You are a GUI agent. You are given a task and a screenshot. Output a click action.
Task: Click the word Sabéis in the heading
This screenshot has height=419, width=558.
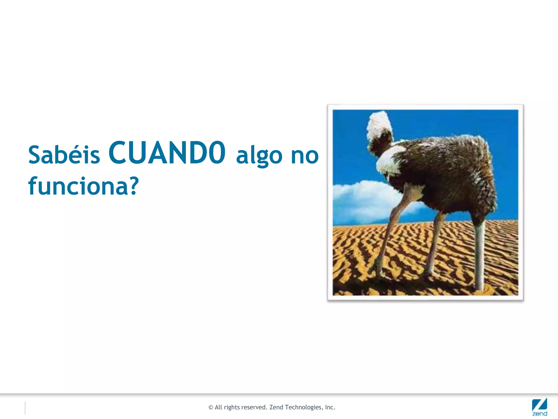64,155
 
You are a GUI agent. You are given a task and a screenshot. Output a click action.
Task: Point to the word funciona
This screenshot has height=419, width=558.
78,187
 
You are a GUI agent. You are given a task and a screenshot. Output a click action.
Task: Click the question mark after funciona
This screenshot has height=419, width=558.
134,186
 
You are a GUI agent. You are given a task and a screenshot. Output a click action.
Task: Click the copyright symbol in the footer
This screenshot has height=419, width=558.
211,408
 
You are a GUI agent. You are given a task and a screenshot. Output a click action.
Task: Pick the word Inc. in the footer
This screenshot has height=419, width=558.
330,407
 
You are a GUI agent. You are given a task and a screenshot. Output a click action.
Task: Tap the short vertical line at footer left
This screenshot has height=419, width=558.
25,408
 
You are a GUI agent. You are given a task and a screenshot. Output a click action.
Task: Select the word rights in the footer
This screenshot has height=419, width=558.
231,408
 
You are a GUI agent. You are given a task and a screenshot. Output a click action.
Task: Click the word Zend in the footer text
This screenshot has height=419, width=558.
276,407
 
